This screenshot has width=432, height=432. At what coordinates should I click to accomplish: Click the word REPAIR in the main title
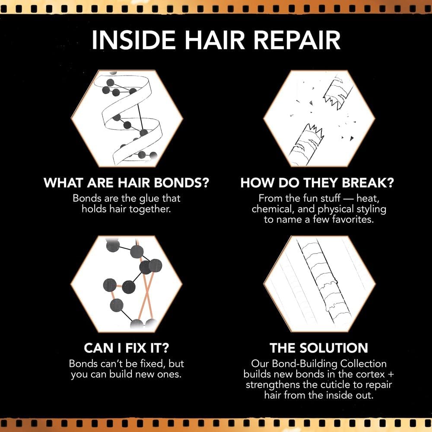coord(297,40)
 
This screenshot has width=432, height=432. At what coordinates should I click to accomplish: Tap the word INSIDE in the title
coord(133,40)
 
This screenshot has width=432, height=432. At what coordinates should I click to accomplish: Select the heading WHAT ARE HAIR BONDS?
coord(127,183)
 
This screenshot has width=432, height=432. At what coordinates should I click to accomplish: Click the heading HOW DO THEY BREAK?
coord(317,183)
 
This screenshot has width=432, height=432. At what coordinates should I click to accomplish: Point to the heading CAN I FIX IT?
coord(126,348)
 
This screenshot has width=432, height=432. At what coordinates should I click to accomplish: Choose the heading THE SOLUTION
coord(319,348)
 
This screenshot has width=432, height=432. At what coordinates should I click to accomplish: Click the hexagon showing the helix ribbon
coord(127,118)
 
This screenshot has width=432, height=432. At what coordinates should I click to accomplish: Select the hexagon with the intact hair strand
coord(320,284)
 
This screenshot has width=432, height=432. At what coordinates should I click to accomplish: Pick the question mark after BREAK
coord(390,183)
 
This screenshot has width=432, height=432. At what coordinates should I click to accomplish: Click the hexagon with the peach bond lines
coord(127,284)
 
